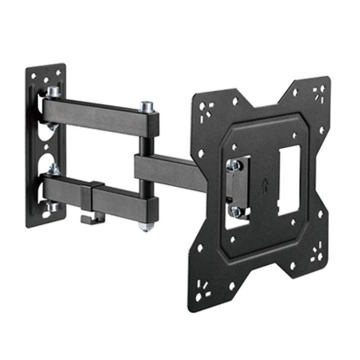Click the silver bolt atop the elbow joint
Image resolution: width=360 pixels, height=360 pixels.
pos(146,107)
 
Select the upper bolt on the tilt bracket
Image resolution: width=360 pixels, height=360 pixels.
pos(234,165)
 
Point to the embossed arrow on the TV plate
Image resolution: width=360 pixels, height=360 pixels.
pos(265,184)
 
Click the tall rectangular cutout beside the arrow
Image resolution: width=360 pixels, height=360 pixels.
pos(288,180)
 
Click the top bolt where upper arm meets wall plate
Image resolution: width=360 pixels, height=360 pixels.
pos(53,91)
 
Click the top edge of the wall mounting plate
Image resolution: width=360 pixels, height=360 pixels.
pos(45,67)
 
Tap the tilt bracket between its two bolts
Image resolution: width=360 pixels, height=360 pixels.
pos(236,187)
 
